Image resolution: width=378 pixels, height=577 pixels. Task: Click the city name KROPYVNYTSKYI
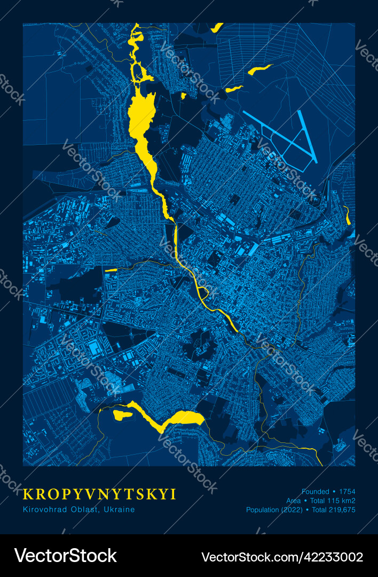point(100,494)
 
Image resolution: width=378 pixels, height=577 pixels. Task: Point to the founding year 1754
point(347,492)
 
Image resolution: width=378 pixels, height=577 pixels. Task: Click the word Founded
point(315,492)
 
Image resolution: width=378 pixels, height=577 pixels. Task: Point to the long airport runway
point(308,137)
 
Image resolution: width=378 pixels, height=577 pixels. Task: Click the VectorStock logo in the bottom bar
point(65,556)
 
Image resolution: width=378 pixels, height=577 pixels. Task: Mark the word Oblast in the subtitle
point(86,510)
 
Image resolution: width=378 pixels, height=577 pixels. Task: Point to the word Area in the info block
point(293,501)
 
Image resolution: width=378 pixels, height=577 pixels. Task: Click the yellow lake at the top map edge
point(217,27)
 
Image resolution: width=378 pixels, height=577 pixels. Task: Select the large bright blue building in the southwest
point(94,348)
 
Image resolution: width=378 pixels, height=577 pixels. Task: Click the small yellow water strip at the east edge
point(348,216)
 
